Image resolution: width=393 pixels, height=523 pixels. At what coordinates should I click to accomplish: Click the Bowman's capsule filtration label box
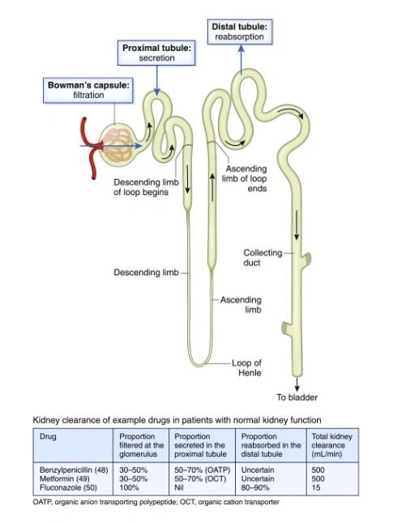click(88, 90)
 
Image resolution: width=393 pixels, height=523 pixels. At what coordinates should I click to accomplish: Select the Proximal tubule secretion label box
click(156, 53)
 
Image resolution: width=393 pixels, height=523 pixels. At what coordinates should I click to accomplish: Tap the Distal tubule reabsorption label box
click(240, 32)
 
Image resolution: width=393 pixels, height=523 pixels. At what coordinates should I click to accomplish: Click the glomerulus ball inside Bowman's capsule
click(117, 146)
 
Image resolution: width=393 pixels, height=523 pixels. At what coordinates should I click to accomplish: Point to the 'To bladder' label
click(297, 398)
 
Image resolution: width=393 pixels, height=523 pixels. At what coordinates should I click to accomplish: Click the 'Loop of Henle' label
click(247, 368)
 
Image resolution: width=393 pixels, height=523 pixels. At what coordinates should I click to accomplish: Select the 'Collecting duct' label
click(263, 257)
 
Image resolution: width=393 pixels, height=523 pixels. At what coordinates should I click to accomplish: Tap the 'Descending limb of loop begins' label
click(146, 187)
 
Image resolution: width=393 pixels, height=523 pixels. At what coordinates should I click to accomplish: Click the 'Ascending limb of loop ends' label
click(245, 178)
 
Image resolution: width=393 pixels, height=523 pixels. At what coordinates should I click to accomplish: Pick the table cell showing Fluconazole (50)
click(68, 487)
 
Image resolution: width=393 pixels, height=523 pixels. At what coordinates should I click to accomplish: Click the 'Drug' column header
click(48, 436)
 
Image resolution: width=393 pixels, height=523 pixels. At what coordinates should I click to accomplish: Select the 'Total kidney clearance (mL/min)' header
click(332, 445)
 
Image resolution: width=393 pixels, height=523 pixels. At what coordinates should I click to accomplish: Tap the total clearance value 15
click(316, 487)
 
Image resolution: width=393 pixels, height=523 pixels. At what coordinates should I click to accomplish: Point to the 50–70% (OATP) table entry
click(203, 470)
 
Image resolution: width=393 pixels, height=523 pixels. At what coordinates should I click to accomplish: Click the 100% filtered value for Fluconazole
click(129, 487)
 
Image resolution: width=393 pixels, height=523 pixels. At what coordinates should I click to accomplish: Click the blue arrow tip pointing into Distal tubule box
click(241, 46)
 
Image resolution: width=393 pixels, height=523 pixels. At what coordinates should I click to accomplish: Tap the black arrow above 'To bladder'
click(297, 385)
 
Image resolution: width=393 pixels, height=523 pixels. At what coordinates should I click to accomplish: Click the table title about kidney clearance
click(177, 420)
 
